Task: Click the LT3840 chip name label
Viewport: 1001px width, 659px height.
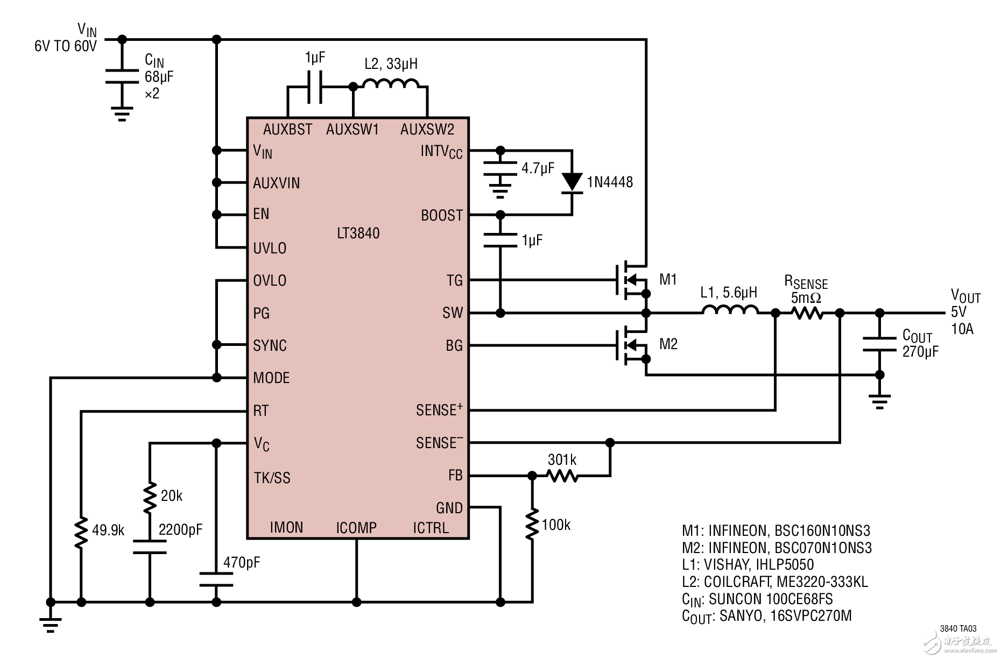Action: click(x=358, y=233)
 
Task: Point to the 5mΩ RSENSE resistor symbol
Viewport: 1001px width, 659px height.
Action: click(x=807, y=313)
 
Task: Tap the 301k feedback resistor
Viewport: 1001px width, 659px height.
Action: click(x=562, y=476)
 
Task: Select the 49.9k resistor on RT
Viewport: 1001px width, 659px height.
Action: click(x=81, y=532)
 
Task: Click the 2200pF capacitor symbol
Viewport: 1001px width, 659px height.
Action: click(x=150, y=547)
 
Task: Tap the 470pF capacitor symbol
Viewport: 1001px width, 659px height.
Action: click(x=216, y=580)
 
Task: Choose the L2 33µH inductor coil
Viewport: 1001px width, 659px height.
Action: click(x=391, y=84)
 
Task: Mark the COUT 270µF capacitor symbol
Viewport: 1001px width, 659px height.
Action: click(x=879, y=344)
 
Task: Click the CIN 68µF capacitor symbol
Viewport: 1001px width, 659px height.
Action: click(x=122, y=76)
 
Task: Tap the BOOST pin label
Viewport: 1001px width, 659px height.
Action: click(x=441, y=216)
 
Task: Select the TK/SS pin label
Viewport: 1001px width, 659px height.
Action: click(x=272, y=478)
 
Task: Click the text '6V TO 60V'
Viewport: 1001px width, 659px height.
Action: click(x=66, y=46)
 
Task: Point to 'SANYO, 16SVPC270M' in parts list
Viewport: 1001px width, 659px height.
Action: click(x=785, y=615)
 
